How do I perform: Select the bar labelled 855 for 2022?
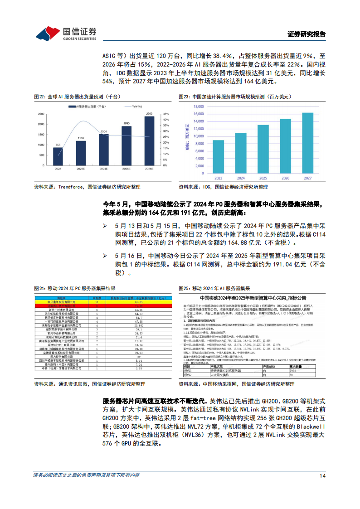[58, 157]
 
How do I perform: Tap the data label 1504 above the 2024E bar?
[103, 131]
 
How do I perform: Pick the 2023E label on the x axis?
[81, 169]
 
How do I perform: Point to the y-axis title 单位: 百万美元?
[186, 137]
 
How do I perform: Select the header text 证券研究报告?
[306, 34]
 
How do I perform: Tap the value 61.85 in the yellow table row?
[126, 301]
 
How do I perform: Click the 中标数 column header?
[96, 298]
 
